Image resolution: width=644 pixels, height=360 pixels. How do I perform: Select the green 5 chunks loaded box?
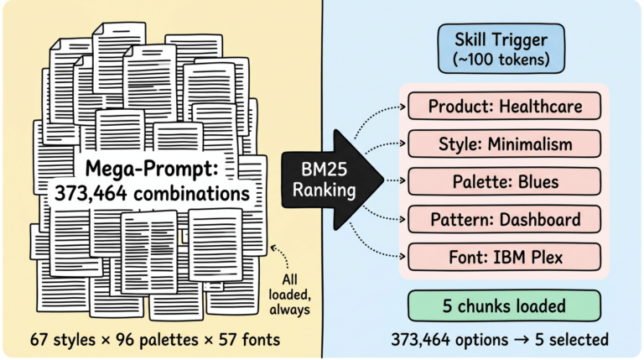pyautogui.click(x=503, y=305)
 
